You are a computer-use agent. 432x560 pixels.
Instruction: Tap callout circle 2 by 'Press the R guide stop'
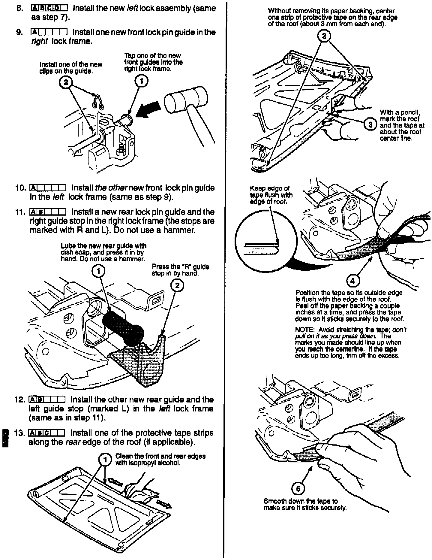point(177,285)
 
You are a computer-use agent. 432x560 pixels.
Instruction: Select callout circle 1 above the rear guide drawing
point(98,271)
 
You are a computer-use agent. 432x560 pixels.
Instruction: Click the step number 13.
point(19,433)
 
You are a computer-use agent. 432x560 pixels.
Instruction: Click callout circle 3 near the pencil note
point(370,124)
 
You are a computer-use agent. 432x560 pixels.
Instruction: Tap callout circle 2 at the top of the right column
point(324,36)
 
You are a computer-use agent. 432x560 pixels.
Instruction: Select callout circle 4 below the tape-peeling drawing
point(352,281)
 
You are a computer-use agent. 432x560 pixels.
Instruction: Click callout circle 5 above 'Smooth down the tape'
point(298,489)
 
